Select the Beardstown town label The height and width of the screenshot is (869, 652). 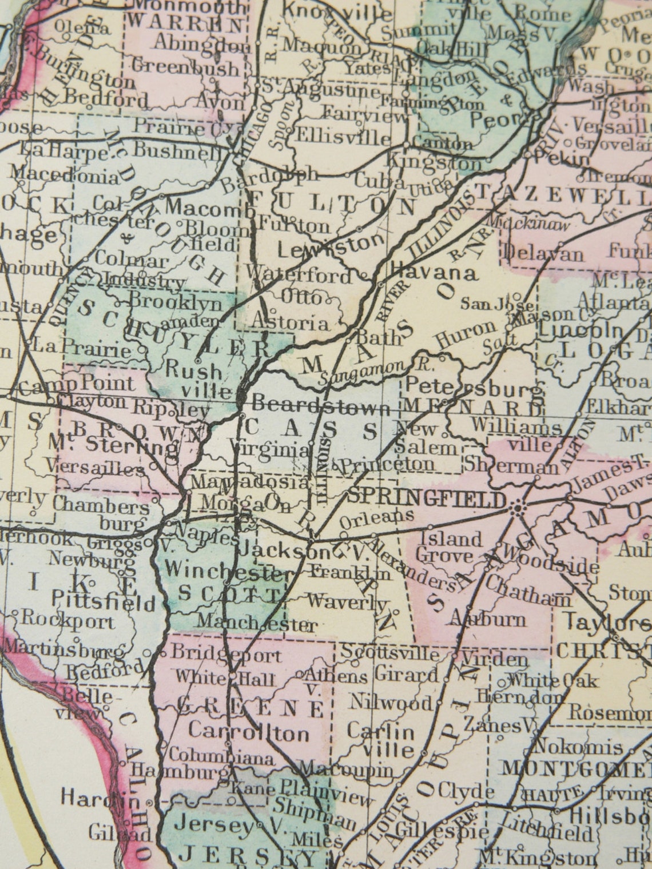coord(321,406)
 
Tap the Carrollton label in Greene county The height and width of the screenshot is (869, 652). coord(249,732)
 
